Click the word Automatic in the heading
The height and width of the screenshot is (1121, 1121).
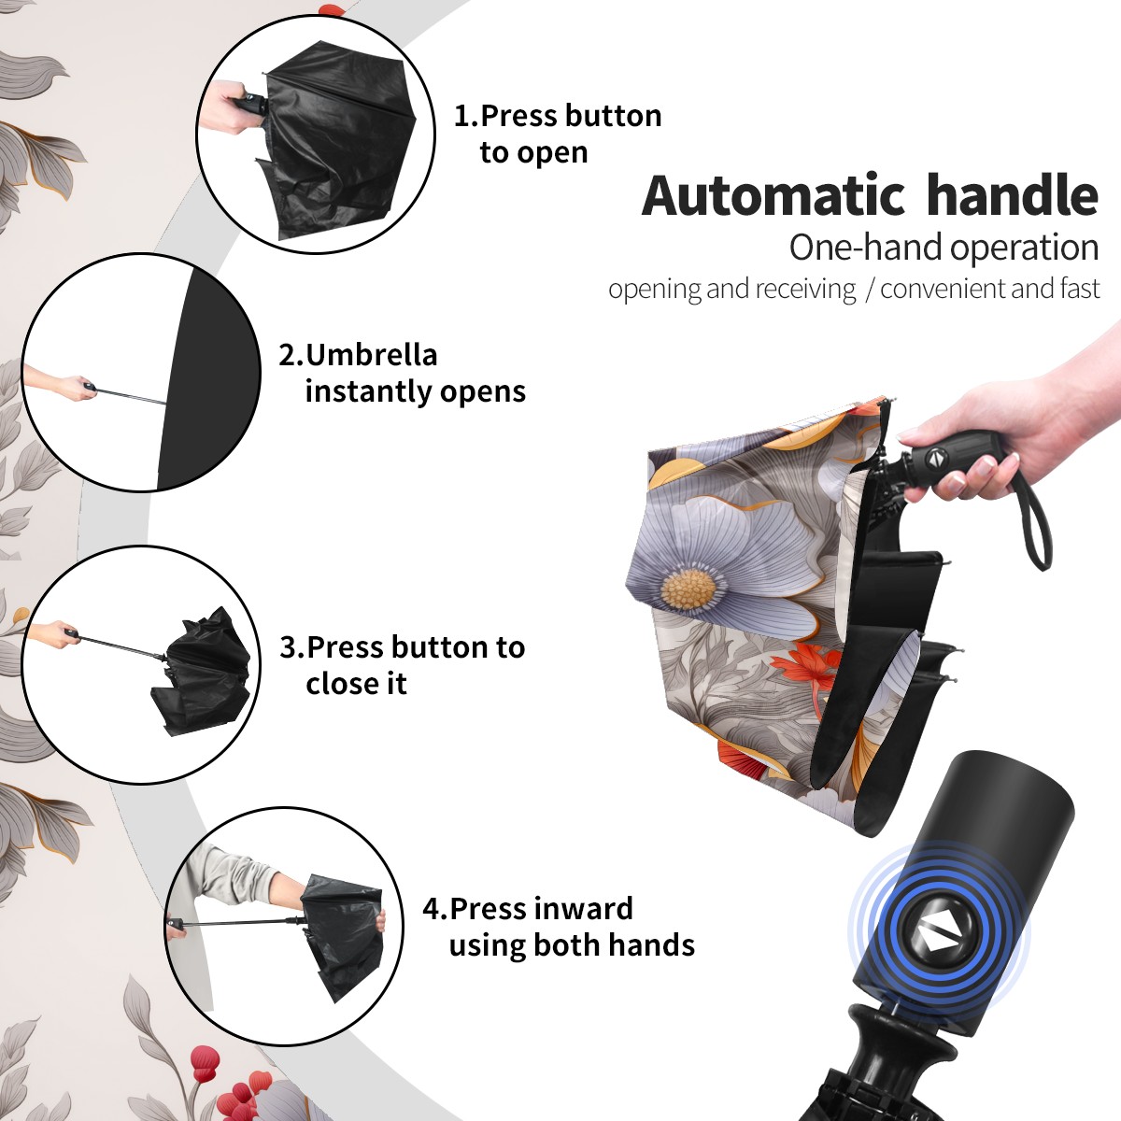(x=773, y=196)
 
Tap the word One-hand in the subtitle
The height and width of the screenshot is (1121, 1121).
(x=867, y=248)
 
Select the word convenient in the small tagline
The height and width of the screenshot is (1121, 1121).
(x=943, y=289)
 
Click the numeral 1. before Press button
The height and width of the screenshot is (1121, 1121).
(x=465, y=116)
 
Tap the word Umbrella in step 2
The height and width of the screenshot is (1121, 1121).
(x=371, y=355)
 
